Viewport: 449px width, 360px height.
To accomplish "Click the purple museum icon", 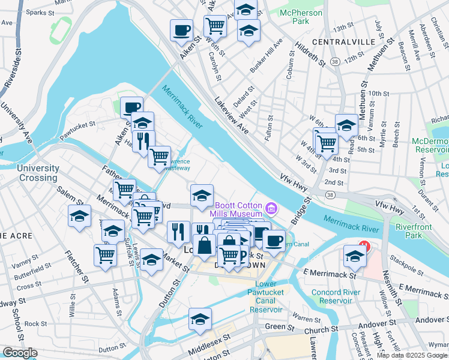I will coord(272,209).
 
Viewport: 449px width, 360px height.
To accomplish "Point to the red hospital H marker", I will coord(363,245).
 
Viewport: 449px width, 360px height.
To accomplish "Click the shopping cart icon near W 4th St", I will coord(326,143).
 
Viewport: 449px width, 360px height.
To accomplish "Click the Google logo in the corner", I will coord(20,353).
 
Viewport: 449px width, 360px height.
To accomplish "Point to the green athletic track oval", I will coord(62,27).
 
